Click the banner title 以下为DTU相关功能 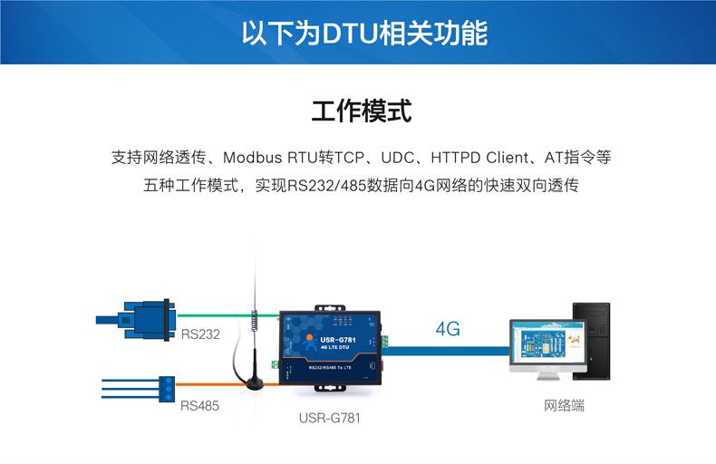364,34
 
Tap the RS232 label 200,334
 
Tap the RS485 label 199,406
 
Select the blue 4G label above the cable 448,329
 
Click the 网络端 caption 564,406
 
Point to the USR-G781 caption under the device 334,419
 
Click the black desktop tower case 590,340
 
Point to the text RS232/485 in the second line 321,186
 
